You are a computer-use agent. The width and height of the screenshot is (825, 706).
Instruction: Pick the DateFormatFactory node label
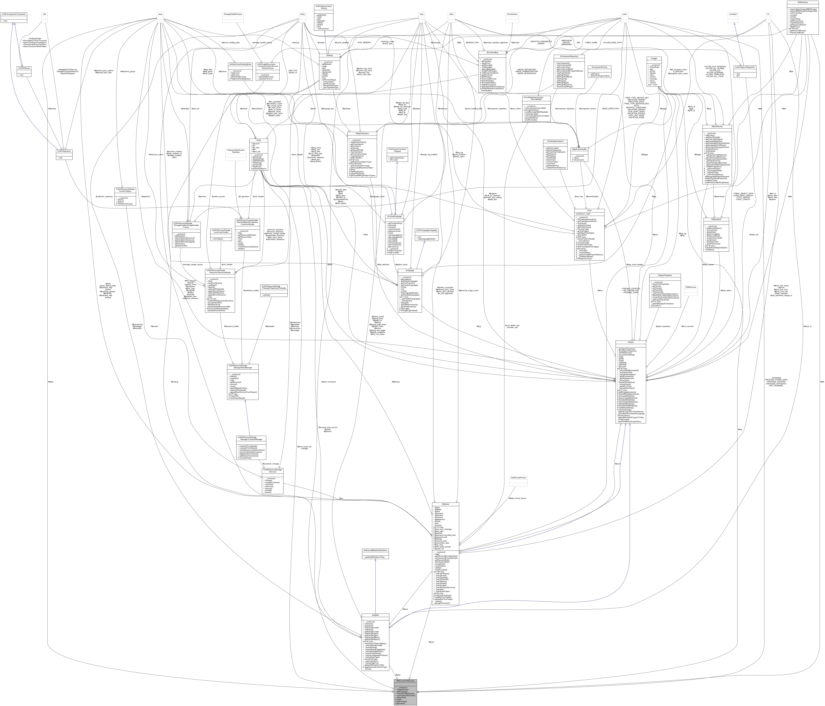(518, 478)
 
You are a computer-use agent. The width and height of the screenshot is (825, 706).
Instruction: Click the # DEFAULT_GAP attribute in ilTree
(583, 214)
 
